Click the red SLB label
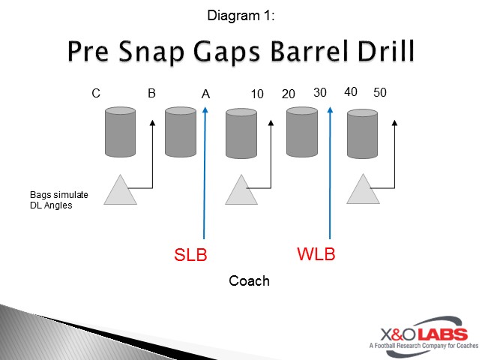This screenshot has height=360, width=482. point(190,255)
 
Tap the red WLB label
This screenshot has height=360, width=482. point(316,254)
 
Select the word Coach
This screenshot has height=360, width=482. point(249,281)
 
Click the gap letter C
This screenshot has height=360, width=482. point(96,94)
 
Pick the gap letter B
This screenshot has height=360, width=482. point(151,94)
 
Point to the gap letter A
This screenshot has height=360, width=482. point(206,94)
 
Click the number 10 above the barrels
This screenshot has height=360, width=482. point(257,94)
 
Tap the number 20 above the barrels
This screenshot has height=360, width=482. point(289,94)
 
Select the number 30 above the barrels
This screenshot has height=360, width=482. point(320,92)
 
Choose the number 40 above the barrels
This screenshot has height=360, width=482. point(350,91)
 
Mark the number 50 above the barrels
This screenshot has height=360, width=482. point(380,92)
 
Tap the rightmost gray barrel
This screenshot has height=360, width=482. point(363,133)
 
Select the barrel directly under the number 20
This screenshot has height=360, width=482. point(302,133)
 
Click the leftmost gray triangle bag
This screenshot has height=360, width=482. point(120,190)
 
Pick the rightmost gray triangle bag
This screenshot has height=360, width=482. point(364,190)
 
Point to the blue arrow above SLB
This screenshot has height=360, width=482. point(204,172)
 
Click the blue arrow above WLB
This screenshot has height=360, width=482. point(330,172)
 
